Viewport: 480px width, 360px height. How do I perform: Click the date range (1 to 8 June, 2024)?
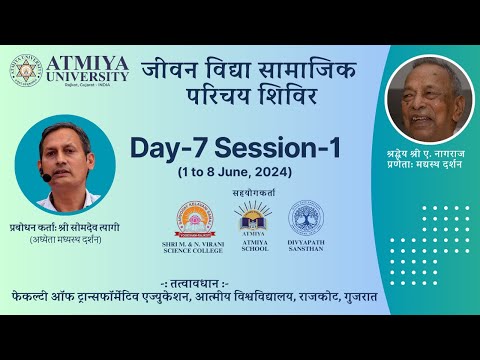click(x=236, y=172)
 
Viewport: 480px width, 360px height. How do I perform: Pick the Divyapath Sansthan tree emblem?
click(x=305, y=217)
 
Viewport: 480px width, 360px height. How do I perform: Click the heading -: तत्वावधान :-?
click(x=239, y=299)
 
